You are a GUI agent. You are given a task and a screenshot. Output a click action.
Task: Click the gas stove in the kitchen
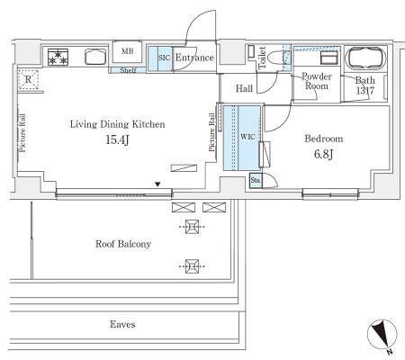[x=58, y=57]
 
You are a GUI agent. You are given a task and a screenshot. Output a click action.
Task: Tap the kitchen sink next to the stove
[x=95, y=57]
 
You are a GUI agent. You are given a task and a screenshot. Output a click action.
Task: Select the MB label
[x=127, y=51]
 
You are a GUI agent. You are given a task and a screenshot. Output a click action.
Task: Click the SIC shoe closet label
[x=164, y=58]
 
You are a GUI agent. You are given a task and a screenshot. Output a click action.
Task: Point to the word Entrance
[x=194, y=58]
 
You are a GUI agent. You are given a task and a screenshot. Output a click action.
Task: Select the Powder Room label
[x=317, y=81]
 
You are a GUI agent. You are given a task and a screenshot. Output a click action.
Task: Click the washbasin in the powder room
[x=329, y=58]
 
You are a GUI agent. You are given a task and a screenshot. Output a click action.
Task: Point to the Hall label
[x=244, y=88]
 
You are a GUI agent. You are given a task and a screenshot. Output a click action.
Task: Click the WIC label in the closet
[x=247, y=137]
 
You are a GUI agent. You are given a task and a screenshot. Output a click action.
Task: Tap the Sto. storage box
[x=256, y=181]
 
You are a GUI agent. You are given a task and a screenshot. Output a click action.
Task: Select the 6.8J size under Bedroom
[x=323, y=154]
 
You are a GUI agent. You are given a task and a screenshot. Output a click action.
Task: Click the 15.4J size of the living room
[x=117, y=139]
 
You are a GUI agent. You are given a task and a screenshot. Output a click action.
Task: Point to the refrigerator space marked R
[x=28, y=79]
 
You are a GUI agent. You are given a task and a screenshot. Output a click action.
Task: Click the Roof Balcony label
[x=123, y=244]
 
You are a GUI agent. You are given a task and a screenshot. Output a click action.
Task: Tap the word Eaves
[x=122, y=324]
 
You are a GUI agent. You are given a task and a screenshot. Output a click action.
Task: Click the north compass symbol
[x=382, y=335]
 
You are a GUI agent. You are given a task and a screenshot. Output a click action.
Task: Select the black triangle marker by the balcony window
[x=157, y=184]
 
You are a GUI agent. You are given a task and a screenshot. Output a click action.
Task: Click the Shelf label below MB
[x=128, y=70]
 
